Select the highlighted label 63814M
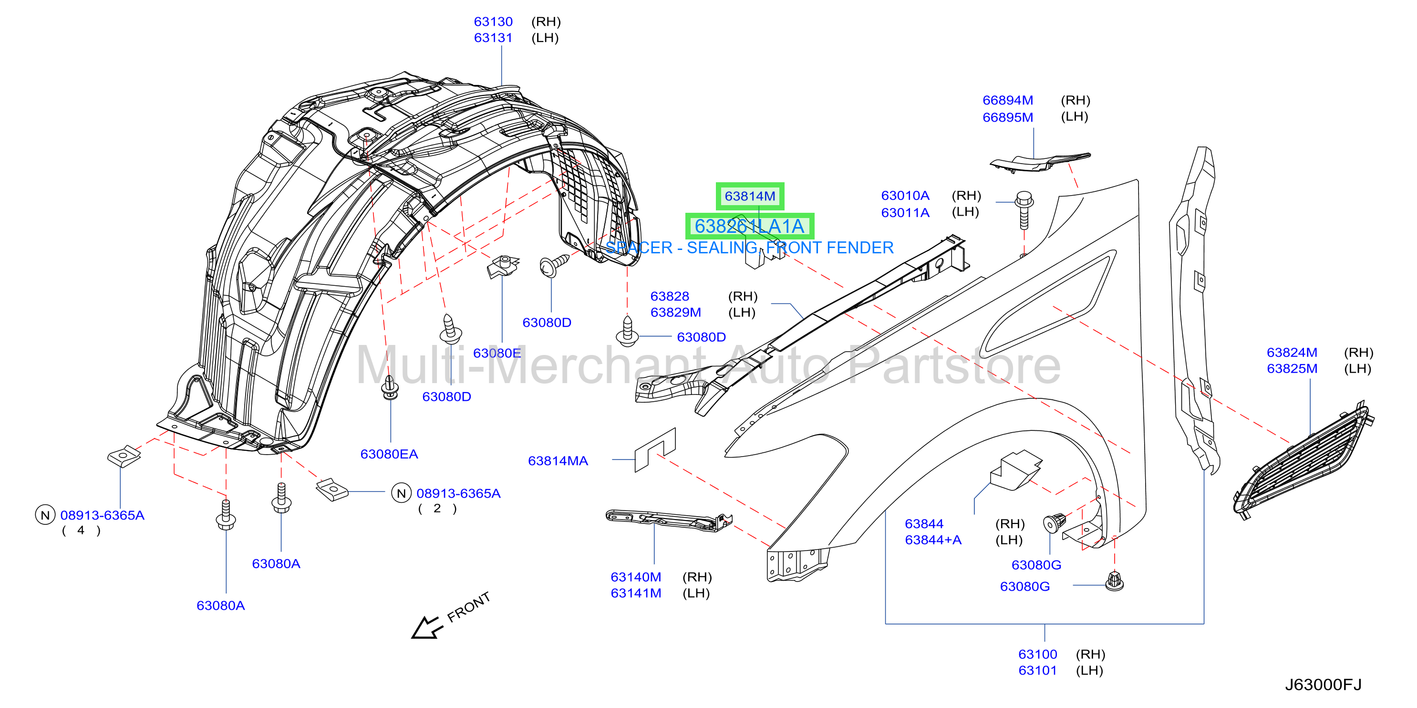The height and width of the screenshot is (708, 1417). tap(750, 197)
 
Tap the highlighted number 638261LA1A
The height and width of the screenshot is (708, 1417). tap(749, 226)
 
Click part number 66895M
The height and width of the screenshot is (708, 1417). tap(1008, 117)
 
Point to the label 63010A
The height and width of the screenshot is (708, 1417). tap(905, 196)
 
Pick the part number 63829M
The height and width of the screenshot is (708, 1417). tap(675, 312)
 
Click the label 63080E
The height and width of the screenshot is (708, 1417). tap(496, 353)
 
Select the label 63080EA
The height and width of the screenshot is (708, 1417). tap(389, 454)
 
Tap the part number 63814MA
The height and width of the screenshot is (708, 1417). tap(558, 461)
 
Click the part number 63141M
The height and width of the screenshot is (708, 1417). tap(636, 593)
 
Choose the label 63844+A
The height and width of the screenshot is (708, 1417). tap(933, 540)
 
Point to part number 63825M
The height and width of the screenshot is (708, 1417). tap(1292, 369)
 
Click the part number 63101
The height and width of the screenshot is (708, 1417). tap(1037, 671)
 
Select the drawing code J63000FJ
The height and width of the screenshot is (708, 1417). tap(1323, 685)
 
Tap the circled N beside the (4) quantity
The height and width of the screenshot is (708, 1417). tap(45, 515)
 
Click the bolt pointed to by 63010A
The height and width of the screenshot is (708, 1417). tap(1024, 209)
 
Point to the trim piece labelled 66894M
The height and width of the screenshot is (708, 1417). tap(1039, 162)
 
